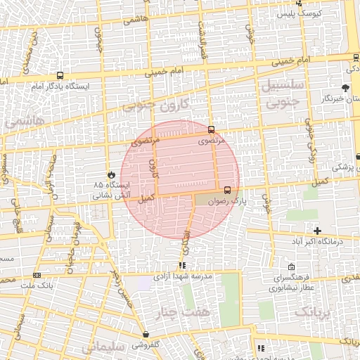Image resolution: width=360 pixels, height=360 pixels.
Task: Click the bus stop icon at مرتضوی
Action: point(212,129)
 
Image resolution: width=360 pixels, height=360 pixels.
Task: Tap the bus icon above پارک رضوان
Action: point(227,190)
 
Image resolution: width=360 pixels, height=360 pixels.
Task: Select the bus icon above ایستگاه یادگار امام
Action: point(60,75)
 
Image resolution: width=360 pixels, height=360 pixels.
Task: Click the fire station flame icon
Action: point(110,174)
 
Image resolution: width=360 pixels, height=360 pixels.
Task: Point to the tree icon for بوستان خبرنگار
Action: point(345,88)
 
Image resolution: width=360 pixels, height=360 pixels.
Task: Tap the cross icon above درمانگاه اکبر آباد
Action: point(318,231)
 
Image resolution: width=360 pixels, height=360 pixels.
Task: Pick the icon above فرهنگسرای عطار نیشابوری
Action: point(292,267)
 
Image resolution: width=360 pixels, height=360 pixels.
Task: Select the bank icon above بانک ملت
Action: point(37,275)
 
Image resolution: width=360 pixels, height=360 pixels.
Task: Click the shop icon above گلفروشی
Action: point(146,334)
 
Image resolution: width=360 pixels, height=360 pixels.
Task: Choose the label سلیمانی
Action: point(103,347)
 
